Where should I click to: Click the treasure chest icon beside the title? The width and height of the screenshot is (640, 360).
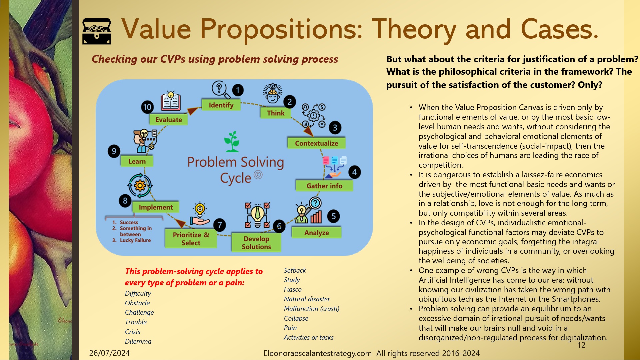97,31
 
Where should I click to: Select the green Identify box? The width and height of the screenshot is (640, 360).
221,105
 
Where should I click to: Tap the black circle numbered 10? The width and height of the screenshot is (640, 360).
147,107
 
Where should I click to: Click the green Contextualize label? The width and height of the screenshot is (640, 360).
316,143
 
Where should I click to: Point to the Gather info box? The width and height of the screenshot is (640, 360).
324,186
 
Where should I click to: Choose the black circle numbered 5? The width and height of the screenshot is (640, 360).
333,216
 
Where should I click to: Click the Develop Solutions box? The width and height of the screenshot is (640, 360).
256,243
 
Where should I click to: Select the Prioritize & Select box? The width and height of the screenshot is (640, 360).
191,239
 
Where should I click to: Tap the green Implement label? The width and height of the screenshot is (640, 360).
156,207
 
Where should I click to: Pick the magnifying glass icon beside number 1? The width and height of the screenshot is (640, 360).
220,90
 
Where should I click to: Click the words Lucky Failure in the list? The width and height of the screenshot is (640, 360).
135,240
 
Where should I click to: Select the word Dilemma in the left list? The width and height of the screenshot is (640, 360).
138,341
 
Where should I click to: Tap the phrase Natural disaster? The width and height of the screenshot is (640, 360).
307,299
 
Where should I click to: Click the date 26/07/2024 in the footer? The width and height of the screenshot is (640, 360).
109,353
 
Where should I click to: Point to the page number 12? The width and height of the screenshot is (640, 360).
581,345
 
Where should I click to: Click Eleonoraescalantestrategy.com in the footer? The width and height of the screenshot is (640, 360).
317,353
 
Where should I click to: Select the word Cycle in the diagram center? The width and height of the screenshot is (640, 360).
235,178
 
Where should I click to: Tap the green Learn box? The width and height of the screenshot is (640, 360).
137,161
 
